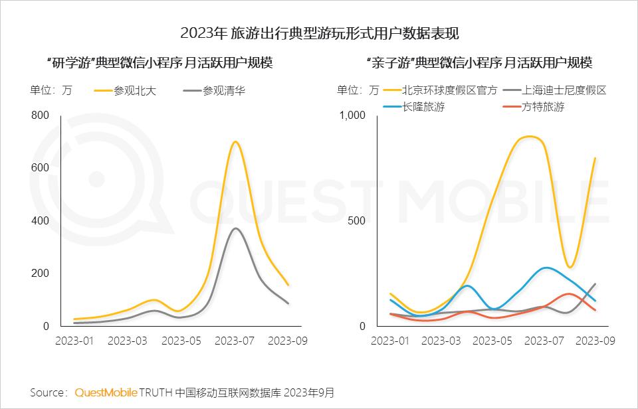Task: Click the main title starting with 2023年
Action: click(320, 33)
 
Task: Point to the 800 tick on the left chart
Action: click(40, 115)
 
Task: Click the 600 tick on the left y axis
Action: click(40, 167)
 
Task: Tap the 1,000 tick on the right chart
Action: click(353, 115)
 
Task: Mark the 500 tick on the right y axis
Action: click(357, 220)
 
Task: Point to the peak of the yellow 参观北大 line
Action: click(235, 141)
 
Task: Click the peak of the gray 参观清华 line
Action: click(235, 228)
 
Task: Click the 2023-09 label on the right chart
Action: click(593, 341)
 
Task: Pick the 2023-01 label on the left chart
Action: click(75, 341)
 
